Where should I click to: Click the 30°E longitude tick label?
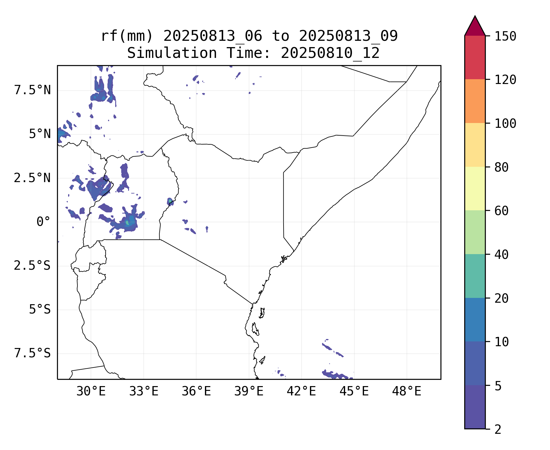click(x=91, y=391)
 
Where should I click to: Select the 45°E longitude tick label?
click(x=354, y=391)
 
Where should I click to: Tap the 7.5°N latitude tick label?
click(x=32, y=90)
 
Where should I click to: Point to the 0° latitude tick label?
click(x=43, y=222)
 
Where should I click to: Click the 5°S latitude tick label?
click(x=40, y=310)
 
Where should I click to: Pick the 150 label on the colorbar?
click(x=505, y=37)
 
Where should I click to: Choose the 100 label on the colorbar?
click(x=505, y=124)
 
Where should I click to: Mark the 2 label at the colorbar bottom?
click(x=498, y=430)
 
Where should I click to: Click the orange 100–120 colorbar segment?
click(x=475, y=101)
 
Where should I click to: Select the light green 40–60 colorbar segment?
click(x=475, y=232)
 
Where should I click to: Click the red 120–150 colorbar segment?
click(x=475, y=58)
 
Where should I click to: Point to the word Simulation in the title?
click(x=172, y=53)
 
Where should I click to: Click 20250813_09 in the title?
click(x=348, y=36)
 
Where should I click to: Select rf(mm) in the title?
click(x=127, y=36)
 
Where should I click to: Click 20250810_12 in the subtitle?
click(x=330, y=53)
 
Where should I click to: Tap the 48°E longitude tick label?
click(x=407, y=391)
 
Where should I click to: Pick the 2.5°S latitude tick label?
click(x=32, y=266)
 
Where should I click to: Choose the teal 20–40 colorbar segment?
click(x=475, y=276)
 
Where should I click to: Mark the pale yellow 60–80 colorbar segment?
click(x=475, y=188)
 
